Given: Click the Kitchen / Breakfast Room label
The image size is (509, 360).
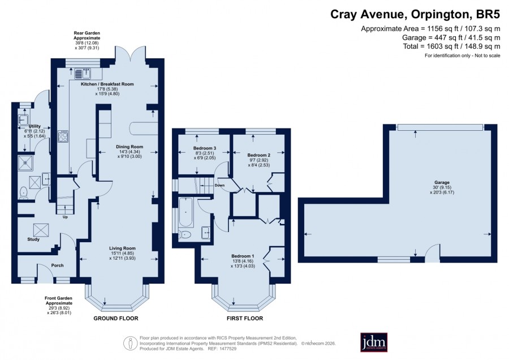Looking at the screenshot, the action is tap(107, 84).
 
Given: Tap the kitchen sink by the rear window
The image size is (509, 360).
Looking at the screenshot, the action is tap(83, 74).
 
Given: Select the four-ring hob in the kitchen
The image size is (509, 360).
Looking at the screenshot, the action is tap(63, 136).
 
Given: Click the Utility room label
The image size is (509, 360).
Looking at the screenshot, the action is tap(34, 126).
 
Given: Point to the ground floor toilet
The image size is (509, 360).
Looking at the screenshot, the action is tap(24, 192).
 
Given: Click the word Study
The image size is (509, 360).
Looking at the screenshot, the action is tap(33, 239).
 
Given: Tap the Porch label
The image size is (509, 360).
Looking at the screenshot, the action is tap(58, 265).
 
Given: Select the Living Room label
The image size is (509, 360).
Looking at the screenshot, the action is tap(122, 248).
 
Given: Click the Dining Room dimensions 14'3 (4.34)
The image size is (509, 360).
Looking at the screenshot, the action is tap(130, 152).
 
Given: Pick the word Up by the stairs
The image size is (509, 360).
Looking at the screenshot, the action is tap(65, 217).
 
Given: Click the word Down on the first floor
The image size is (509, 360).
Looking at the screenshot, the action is tap(219, 186).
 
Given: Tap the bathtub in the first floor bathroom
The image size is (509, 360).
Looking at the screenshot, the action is tap(186, 212).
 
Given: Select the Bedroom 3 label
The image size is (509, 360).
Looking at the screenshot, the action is tap(205, 148).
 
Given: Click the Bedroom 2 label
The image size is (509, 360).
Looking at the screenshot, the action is tap(258, 155).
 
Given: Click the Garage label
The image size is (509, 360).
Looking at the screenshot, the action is tap(442, 183).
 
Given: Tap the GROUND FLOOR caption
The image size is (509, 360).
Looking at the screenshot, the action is tap(116, 319).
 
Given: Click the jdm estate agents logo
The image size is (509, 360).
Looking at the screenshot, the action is tap(374, 342).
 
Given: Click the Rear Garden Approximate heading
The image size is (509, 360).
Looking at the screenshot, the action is tap(87, 36).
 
